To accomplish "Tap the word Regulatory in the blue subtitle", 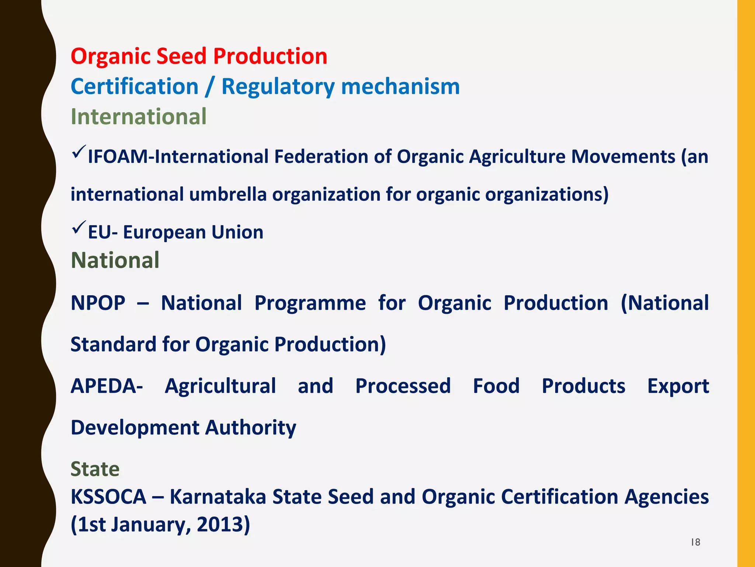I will (x=278, y=87).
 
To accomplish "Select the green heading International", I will (x=139, y=117).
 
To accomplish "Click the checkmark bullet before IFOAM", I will (x=79, y=152).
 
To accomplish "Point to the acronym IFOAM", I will (x=118, y=157).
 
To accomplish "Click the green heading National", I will (x=115, y=261).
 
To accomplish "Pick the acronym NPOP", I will (x=98, y=303).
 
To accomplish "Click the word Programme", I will (x=310, y=303).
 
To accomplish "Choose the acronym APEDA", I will (x=107, y=386).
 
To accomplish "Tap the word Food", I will (x=496, y=386).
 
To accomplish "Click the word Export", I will (x=678, y=386).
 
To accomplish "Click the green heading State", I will (x=95, y=470).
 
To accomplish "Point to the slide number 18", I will (x=695, y=542).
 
